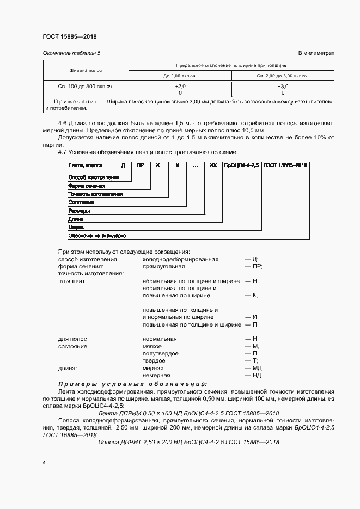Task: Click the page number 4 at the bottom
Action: (x=44, y=462)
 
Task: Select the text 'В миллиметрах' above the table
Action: (x=316, y=53)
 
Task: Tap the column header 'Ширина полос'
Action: (x=86, y=71)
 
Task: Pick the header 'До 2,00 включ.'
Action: (x=180, y=76)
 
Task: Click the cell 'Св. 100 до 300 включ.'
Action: (x=86, y=86)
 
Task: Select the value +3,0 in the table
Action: (x=283, y=86)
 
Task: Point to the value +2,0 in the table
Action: (x=180, y=86)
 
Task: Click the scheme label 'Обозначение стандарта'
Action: (x=97, y=236)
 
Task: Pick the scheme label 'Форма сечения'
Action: (x=86, y=186)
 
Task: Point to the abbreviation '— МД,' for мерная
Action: (x=254, y=368)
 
